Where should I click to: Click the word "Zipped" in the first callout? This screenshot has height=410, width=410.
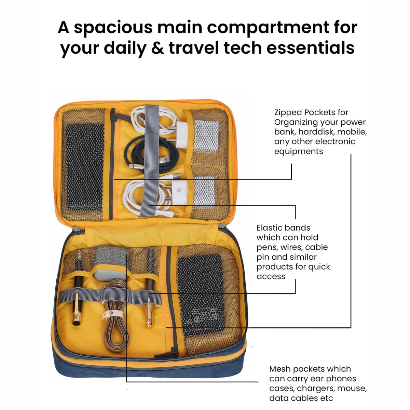(288, 112)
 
